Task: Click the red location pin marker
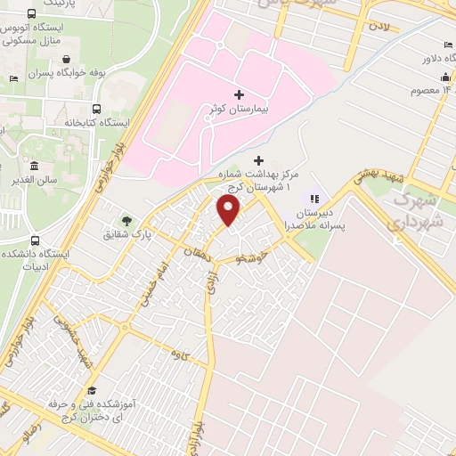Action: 228,210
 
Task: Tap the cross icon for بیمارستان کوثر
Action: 238,94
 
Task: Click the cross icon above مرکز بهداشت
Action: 259,160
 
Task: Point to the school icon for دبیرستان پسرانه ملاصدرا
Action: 313,198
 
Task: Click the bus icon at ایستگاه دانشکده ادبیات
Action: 35,240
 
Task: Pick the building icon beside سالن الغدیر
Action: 34,167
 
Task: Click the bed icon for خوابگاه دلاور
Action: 447,46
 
